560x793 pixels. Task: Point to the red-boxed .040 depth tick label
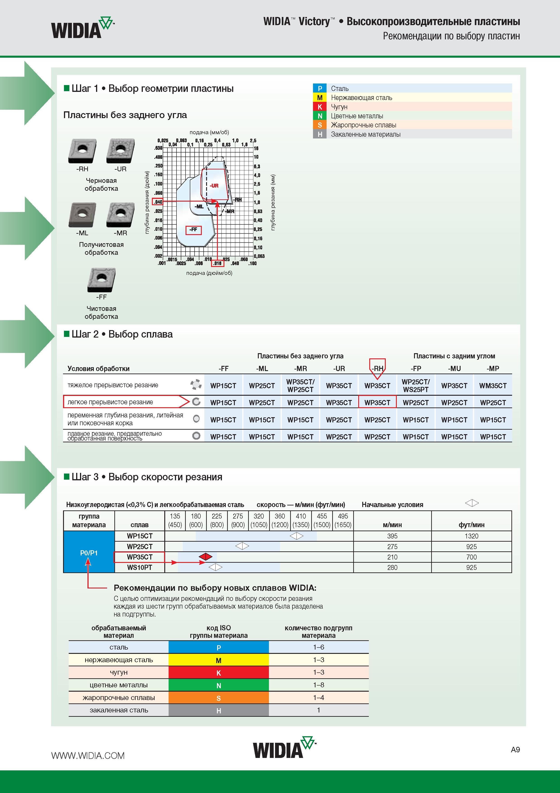[x=158, y=202]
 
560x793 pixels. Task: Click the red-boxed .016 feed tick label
[x=217, y=263]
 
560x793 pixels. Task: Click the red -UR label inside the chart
[x=214, y=186]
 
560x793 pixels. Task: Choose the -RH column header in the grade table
[x=377, y=369]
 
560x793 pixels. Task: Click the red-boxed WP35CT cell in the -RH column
[x=377, y=402]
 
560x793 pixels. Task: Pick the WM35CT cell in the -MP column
[x=493, y=386]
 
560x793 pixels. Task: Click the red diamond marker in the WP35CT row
[x=206, y=556]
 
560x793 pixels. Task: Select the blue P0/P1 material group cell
[x=89, y=552]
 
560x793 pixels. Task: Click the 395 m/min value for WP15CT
[x=392, y=536]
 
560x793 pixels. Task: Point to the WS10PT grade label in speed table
[x=139, y=567]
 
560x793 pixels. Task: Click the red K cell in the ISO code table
[x=218, y=672]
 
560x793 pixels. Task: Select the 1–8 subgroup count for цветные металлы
[x=318, y=685]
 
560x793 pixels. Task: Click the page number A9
[x=515, y=750]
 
